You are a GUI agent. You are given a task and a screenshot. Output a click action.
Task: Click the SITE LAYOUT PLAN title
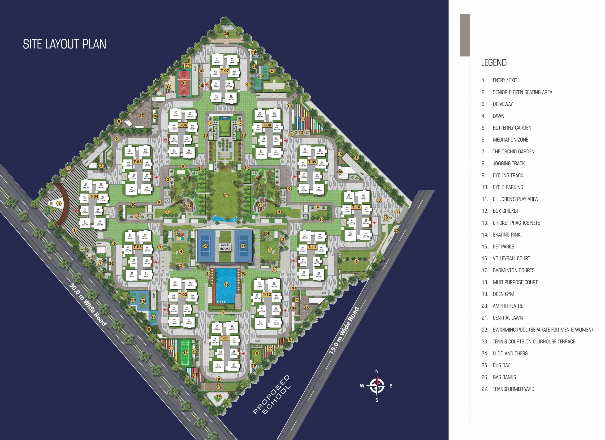[64, 44]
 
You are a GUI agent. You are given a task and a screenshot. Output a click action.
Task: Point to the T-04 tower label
[94, 196]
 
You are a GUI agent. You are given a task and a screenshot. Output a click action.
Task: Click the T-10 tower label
[356, 207]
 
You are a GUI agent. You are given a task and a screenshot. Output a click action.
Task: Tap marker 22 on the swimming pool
[226, 284]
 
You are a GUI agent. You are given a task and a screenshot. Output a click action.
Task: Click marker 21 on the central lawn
[226, 195]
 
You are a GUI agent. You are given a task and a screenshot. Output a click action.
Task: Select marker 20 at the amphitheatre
[226, 34]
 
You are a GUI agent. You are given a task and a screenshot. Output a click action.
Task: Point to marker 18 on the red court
[185, 83]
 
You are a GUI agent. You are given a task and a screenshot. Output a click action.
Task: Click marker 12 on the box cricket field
[185, 353]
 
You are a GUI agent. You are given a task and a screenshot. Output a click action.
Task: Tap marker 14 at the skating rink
[218, 396]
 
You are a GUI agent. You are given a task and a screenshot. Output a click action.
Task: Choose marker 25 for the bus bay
[396, 230]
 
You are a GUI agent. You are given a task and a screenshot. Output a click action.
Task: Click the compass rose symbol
[377, 386]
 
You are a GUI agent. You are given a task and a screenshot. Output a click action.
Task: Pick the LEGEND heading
[493, 62]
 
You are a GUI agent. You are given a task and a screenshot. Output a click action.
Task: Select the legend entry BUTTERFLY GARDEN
[512, 128]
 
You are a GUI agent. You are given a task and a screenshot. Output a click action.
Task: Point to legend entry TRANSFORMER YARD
[513, 389]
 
